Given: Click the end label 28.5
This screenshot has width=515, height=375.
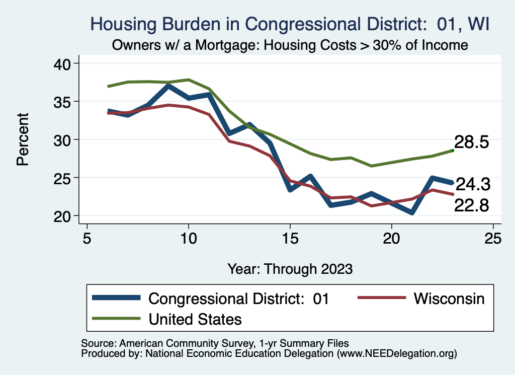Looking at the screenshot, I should pos(472,142).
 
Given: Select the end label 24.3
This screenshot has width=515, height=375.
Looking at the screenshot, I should pos(473,185).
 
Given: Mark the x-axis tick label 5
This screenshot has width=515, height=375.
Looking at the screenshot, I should pos(87,238).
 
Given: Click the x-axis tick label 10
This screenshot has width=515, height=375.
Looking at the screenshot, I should pos(188,238).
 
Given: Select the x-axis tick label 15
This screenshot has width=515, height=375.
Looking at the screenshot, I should pos(290,238).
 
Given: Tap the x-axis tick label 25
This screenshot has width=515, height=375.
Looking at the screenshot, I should pos(493,238).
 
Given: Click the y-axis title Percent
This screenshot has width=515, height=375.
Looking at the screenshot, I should pos(22,139).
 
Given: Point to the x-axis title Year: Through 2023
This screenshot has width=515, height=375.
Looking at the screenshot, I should pos(290,268).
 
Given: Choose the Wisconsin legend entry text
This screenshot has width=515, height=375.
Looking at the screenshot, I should pos(449,298).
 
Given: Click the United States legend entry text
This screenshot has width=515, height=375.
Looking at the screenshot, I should pos(195,319).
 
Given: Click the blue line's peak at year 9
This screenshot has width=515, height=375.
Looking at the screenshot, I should pos(168,87).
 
